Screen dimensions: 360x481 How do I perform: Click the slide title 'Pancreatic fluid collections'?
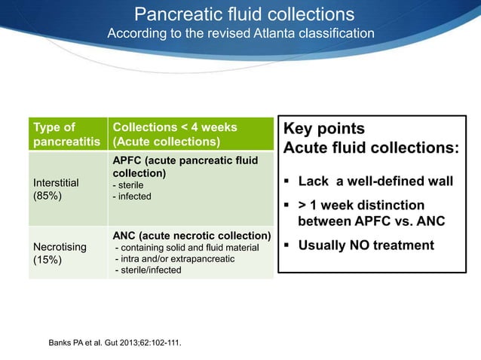(x=244, y=14)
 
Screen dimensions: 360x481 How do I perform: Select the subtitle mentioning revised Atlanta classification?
(x=240, y=34)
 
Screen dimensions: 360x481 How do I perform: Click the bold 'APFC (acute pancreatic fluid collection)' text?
(x=184, y=166)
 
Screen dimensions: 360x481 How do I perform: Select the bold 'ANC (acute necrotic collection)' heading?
(x=191, y=236)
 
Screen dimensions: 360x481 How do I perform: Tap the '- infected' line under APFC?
(x=132, y=197)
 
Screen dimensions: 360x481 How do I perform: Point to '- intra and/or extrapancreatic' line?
(x=174, y=259)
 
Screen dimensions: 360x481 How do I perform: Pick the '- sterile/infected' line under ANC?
(x=147, y=270)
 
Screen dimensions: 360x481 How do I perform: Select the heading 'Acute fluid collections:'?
(x=370, y=148)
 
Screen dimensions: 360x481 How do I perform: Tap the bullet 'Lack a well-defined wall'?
(x=375, y=182)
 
